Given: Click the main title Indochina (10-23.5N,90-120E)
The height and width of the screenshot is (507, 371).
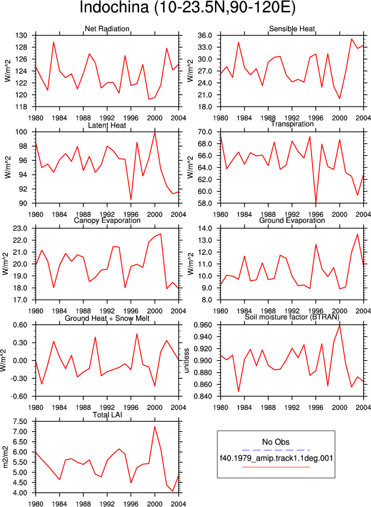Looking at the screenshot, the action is tap(187, 8).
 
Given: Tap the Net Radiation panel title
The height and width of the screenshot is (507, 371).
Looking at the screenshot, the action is tap(107, 29).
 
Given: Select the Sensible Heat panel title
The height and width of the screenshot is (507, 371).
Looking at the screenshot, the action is tap(292, 29).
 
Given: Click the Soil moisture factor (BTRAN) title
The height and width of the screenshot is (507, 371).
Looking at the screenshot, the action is tap(292, 317).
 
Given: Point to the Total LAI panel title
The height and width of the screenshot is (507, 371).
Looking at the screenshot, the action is tap(107, 414).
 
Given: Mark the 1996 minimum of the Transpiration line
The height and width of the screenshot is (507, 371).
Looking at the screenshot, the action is tap(316, 202).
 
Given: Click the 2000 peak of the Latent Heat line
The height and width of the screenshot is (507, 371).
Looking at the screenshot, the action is tap(155, 132).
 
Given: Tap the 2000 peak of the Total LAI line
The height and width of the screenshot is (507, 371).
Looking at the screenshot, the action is tap(155, 426).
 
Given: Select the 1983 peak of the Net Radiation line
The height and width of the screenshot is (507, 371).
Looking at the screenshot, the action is tap(54, 42).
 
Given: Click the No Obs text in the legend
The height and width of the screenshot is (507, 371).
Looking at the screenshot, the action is tap(276, 442).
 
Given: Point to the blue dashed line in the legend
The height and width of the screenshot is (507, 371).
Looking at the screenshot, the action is tap(276, 450).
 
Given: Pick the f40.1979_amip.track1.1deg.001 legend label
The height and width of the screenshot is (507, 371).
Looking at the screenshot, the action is tap(276, 458).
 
